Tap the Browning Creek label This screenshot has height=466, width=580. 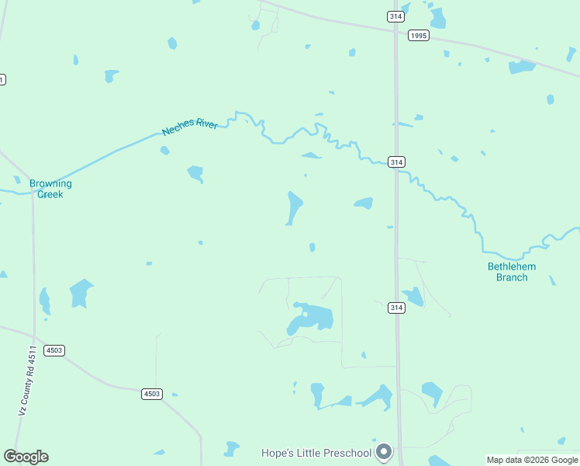tap(50, 189)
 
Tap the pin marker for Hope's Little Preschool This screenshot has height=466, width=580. tap(384, 451)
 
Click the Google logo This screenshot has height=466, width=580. tap(26, 457)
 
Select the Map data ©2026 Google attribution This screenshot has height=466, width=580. tap(532, 460)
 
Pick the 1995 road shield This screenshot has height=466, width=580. tap(419, 35)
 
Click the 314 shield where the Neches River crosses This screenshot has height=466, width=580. tap(396, 162)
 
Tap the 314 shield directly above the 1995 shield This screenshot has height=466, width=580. tap(395, 16)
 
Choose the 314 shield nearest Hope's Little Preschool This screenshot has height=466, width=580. tap(396, 308)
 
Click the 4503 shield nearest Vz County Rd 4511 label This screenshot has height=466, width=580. tap(54, 350)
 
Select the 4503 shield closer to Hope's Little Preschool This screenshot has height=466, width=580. tap(152, 394)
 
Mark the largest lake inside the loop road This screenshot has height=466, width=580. tap(312, 318)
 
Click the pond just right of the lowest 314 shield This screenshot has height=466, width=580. tap(413, 297)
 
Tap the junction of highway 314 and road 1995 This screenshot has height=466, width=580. tap(395, 31)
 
